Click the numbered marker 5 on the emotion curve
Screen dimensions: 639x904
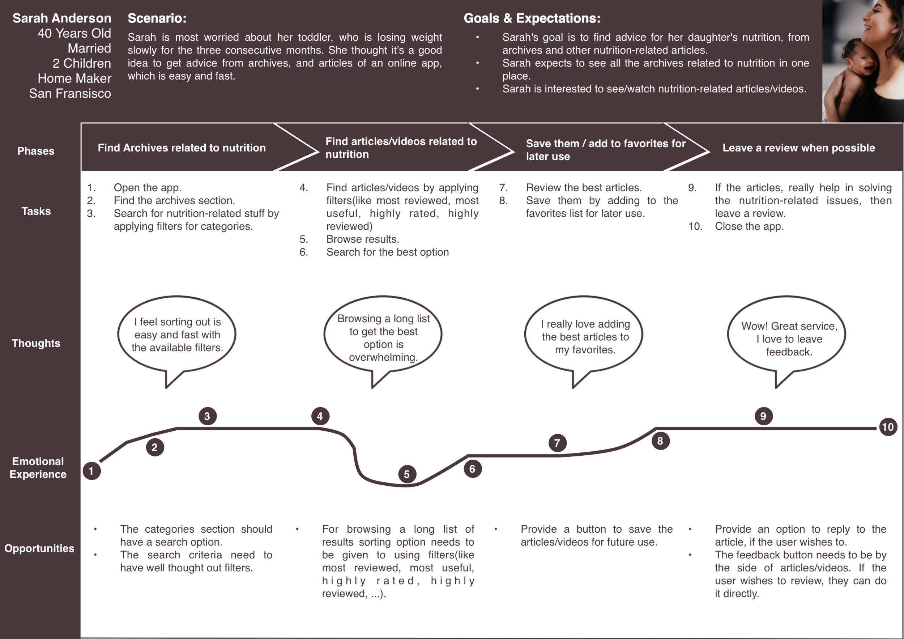tap(407, 474)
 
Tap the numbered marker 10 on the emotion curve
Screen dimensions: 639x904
tap(888, 427)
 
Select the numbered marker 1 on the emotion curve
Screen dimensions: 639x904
tap(91, 471)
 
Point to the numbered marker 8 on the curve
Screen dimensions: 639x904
tap(660, 441)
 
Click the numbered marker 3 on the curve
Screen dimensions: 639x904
tap(207, 416)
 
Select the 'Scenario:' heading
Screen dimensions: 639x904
tap(157, 18)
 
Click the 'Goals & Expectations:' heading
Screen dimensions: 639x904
tap(532, 18)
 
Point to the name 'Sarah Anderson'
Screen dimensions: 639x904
tap(62, 18)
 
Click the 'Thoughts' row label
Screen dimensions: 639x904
tap(36, 343)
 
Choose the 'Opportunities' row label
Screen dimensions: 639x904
tap(39, 548)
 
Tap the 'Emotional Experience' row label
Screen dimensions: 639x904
tap(38, 467)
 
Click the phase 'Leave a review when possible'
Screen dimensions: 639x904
tap(798, 148)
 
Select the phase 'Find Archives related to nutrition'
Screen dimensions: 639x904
tap(182, 148)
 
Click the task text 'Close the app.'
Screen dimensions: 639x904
tap(749, 226)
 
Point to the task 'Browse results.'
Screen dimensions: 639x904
tap(362, 239)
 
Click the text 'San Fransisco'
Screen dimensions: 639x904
tap(70, 93)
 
